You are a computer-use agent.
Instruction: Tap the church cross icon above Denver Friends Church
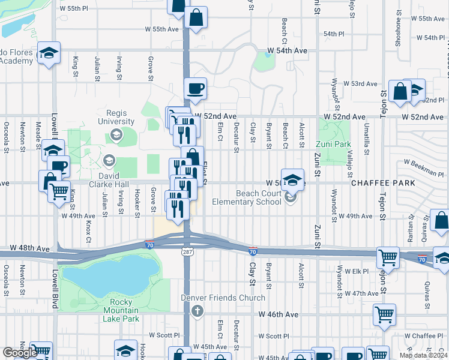[x=197, y=310]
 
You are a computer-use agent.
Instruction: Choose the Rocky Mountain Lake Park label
[x=124, y=310]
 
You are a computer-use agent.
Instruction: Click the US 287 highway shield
[x=185, y=252]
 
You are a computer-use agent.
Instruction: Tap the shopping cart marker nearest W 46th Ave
[x=384, y=314]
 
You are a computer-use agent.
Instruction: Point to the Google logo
[x=20, y=353]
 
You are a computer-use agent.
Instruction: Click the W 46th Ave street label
[x=278, y=314]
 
